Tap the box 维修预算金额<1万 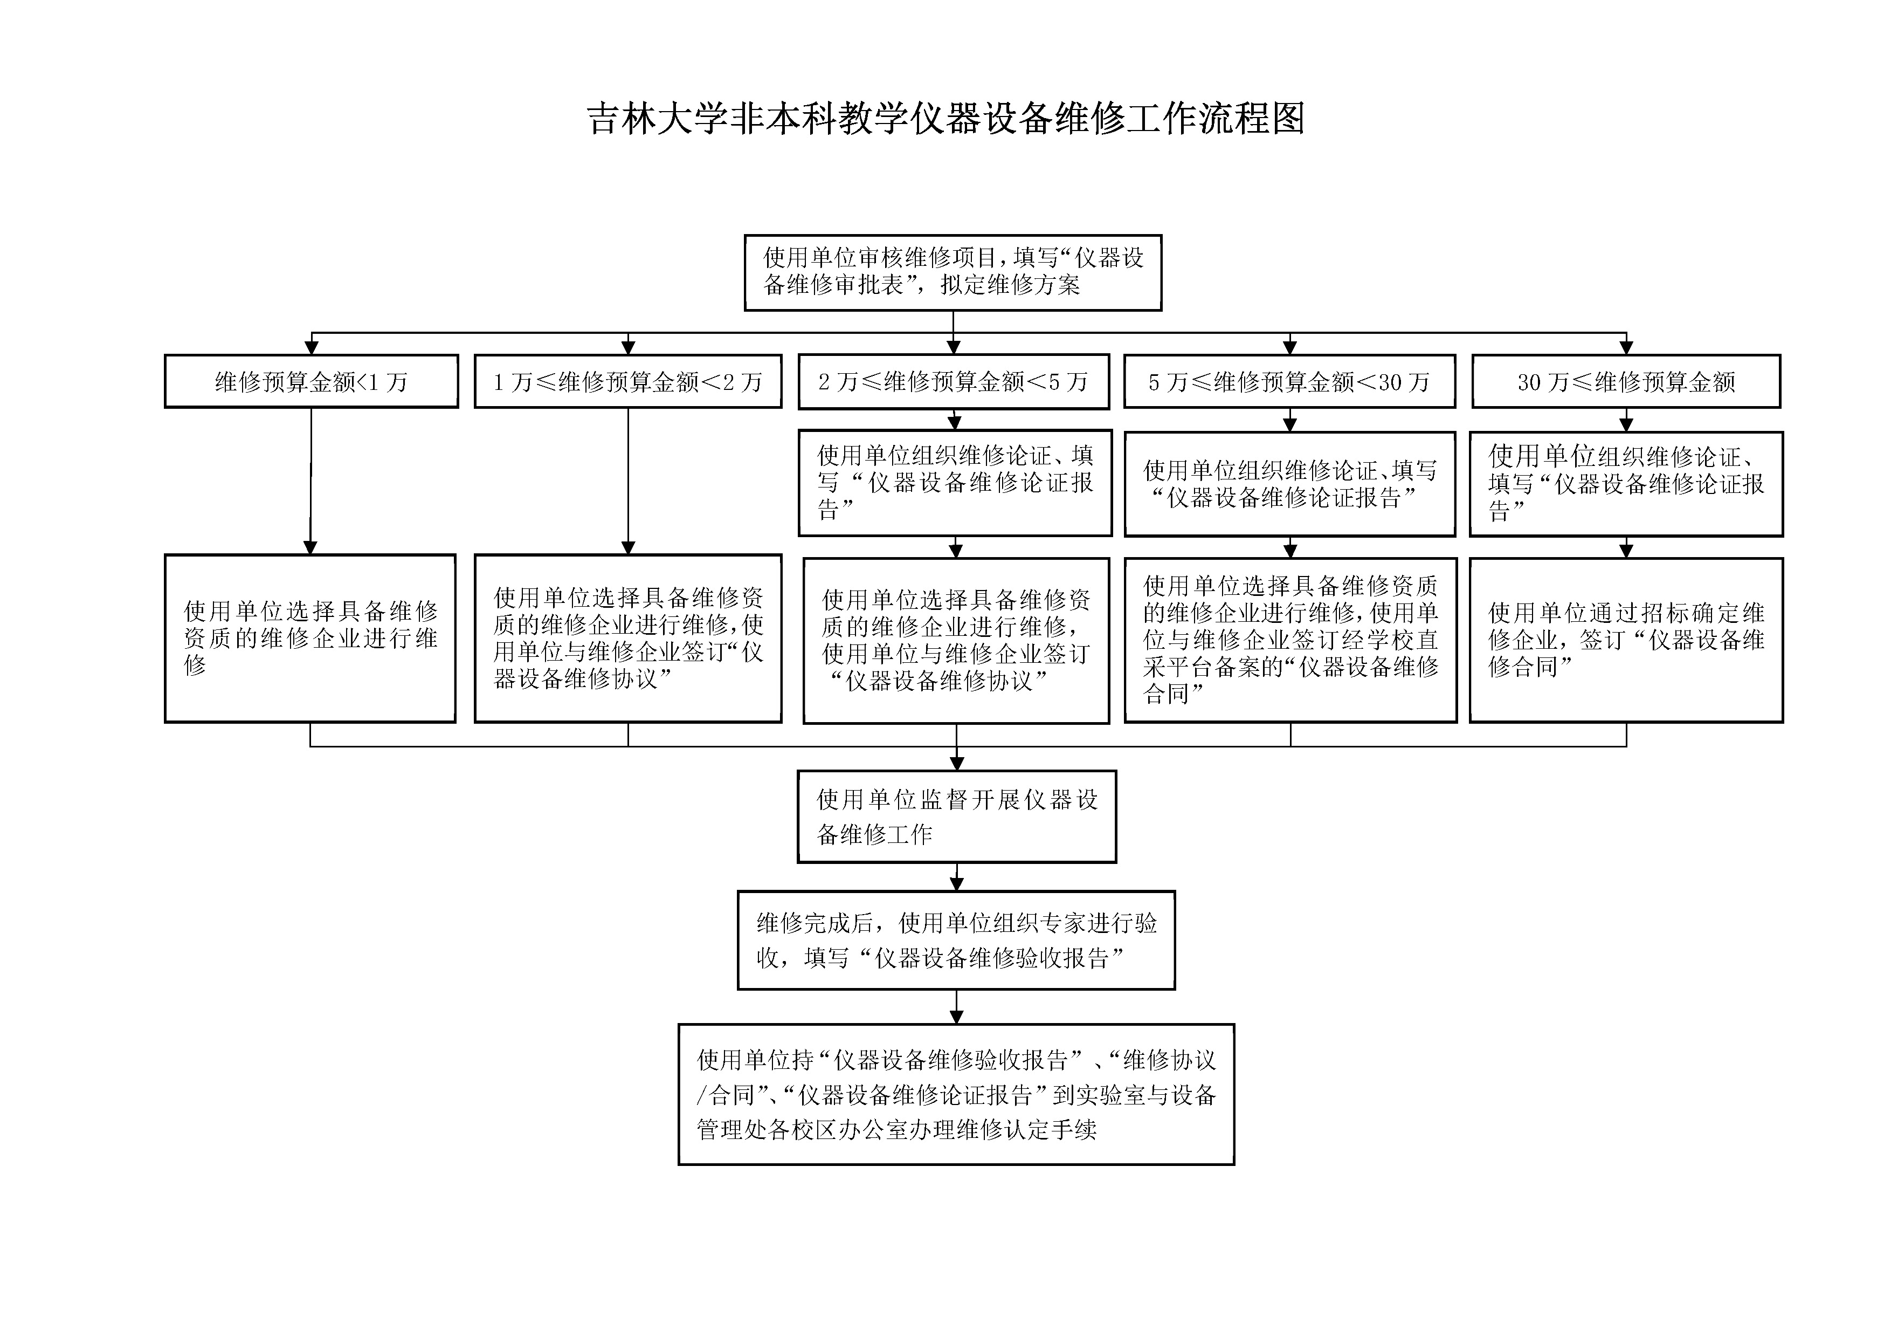pos(312,381)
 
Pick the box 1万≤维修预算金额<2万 pos(627,381)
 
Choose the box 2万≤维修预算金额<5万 pos(954,381)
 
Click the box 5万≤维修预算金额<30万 pos(1290,381)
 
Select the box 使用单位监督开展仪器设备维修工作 pos(956,816)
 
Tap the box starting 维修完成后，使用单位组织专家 pos(956,940)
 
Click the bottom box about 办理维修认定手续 pos(956,1094)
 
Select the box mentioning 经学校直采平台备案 pos(1290,640)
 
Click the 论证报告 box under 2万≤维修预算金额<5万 pos(955,483)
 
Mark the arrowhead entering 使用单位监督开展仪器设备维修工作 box pos(956,762)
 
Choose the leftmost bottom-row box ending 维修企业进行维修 pos(310,639)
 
